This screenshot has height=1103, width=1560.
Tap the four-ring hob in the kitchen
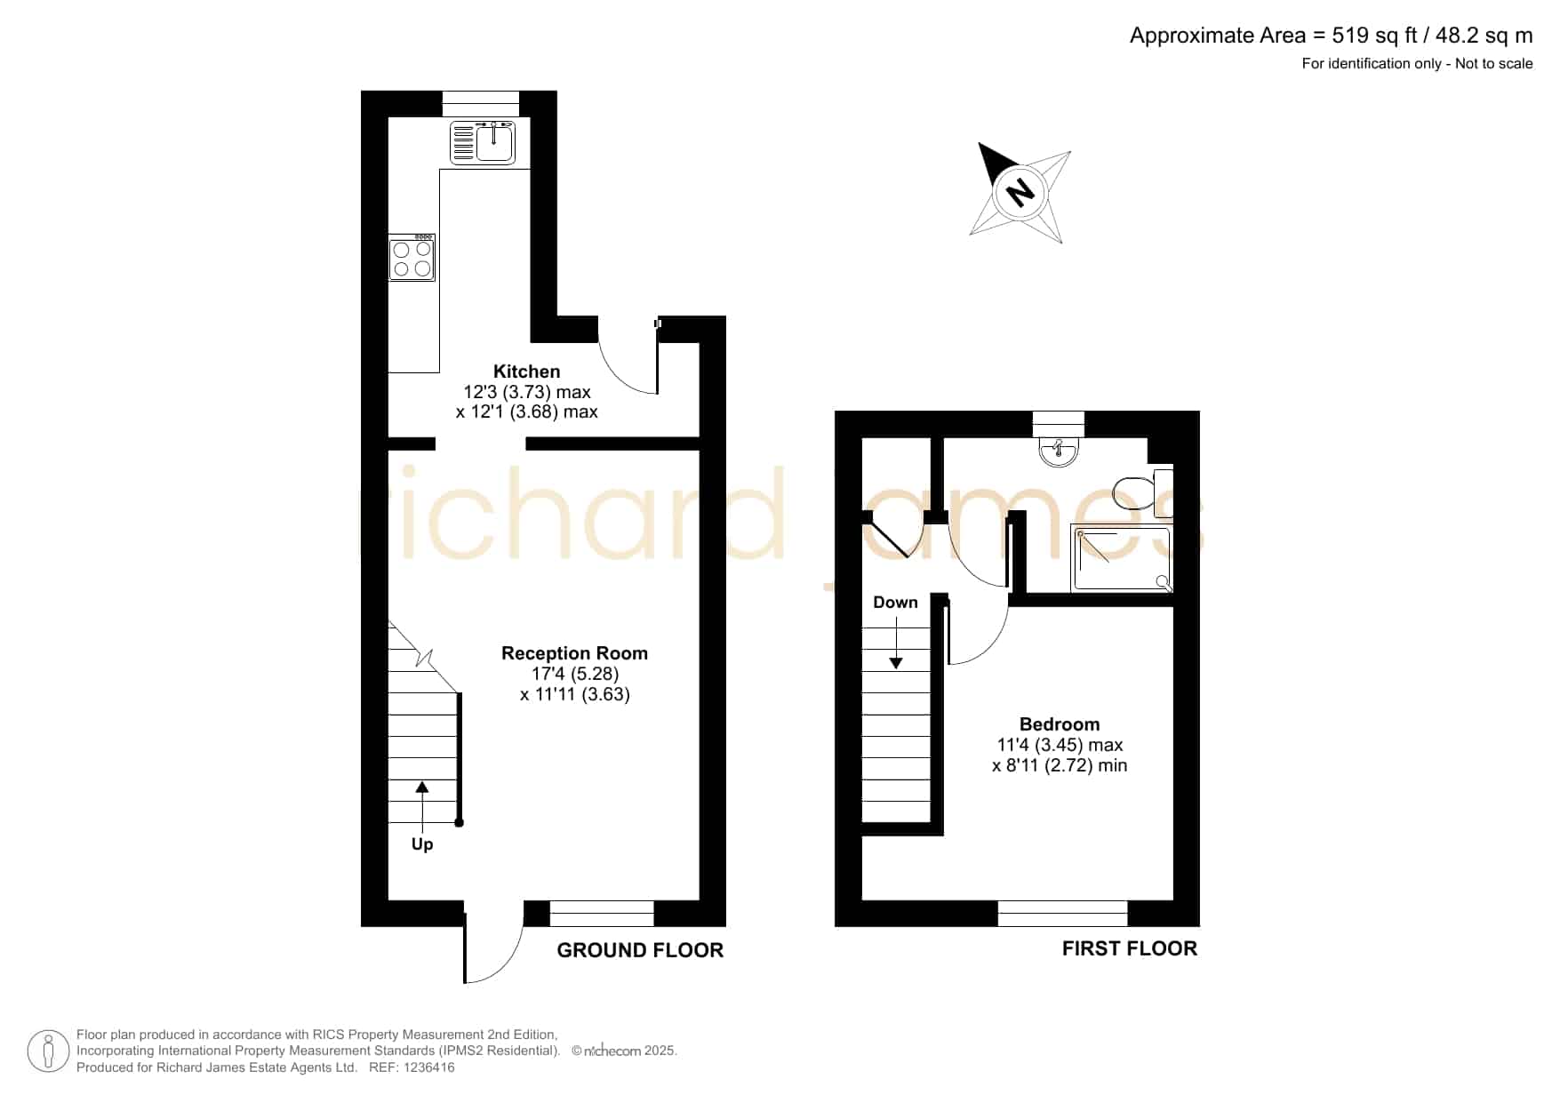[412, 258]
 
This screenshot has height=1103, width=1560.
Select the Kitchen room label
[527, 372]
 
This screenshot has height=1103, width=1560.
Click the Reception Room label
[574, 653]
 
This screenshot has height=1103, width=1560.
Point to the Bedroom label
[1060, 724]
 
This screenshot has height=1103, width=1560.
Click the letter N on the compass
[1020, 191]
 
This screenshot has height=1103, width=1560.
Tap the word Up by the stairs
[422, 844]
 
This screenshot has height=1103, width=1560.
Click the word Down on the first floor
[895, 603]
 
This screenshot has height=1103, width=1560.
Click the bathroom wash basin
[1059, 452]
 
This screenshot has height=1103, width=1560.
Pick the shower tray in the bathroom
[1122, 558]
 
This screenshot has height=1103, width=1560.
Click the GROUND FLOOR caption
[640, 950]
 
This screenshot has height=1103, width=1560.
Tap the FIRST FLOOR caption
[1130, 948]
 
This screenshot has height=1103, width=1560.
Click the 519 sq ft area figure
[1375, 36]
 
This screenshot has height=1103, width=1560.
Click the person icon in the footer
[48, 1051]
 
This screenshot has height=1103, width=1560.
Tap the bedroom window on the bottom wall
[1062, 913]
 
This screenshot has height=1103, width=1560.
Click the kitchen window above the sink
[481, 104]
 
